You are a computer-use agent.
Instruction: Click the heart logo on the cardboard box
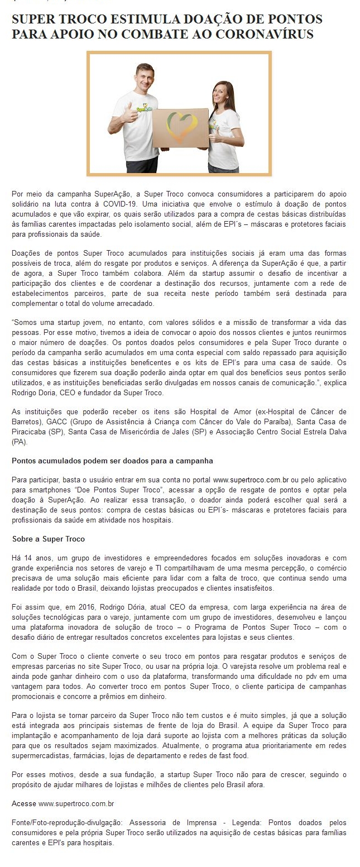tap(180, 128)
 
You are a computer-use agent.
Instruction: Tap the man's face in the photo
tap(145, 75)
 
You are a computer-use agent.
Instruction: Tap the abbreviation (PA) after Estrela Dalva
tap(18, 441)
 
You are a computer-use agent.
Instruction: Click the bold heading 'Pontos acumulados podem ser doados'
tap(112, 461)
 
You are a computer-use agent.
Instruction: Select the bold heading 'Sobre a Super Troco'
tap(48, 539)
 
